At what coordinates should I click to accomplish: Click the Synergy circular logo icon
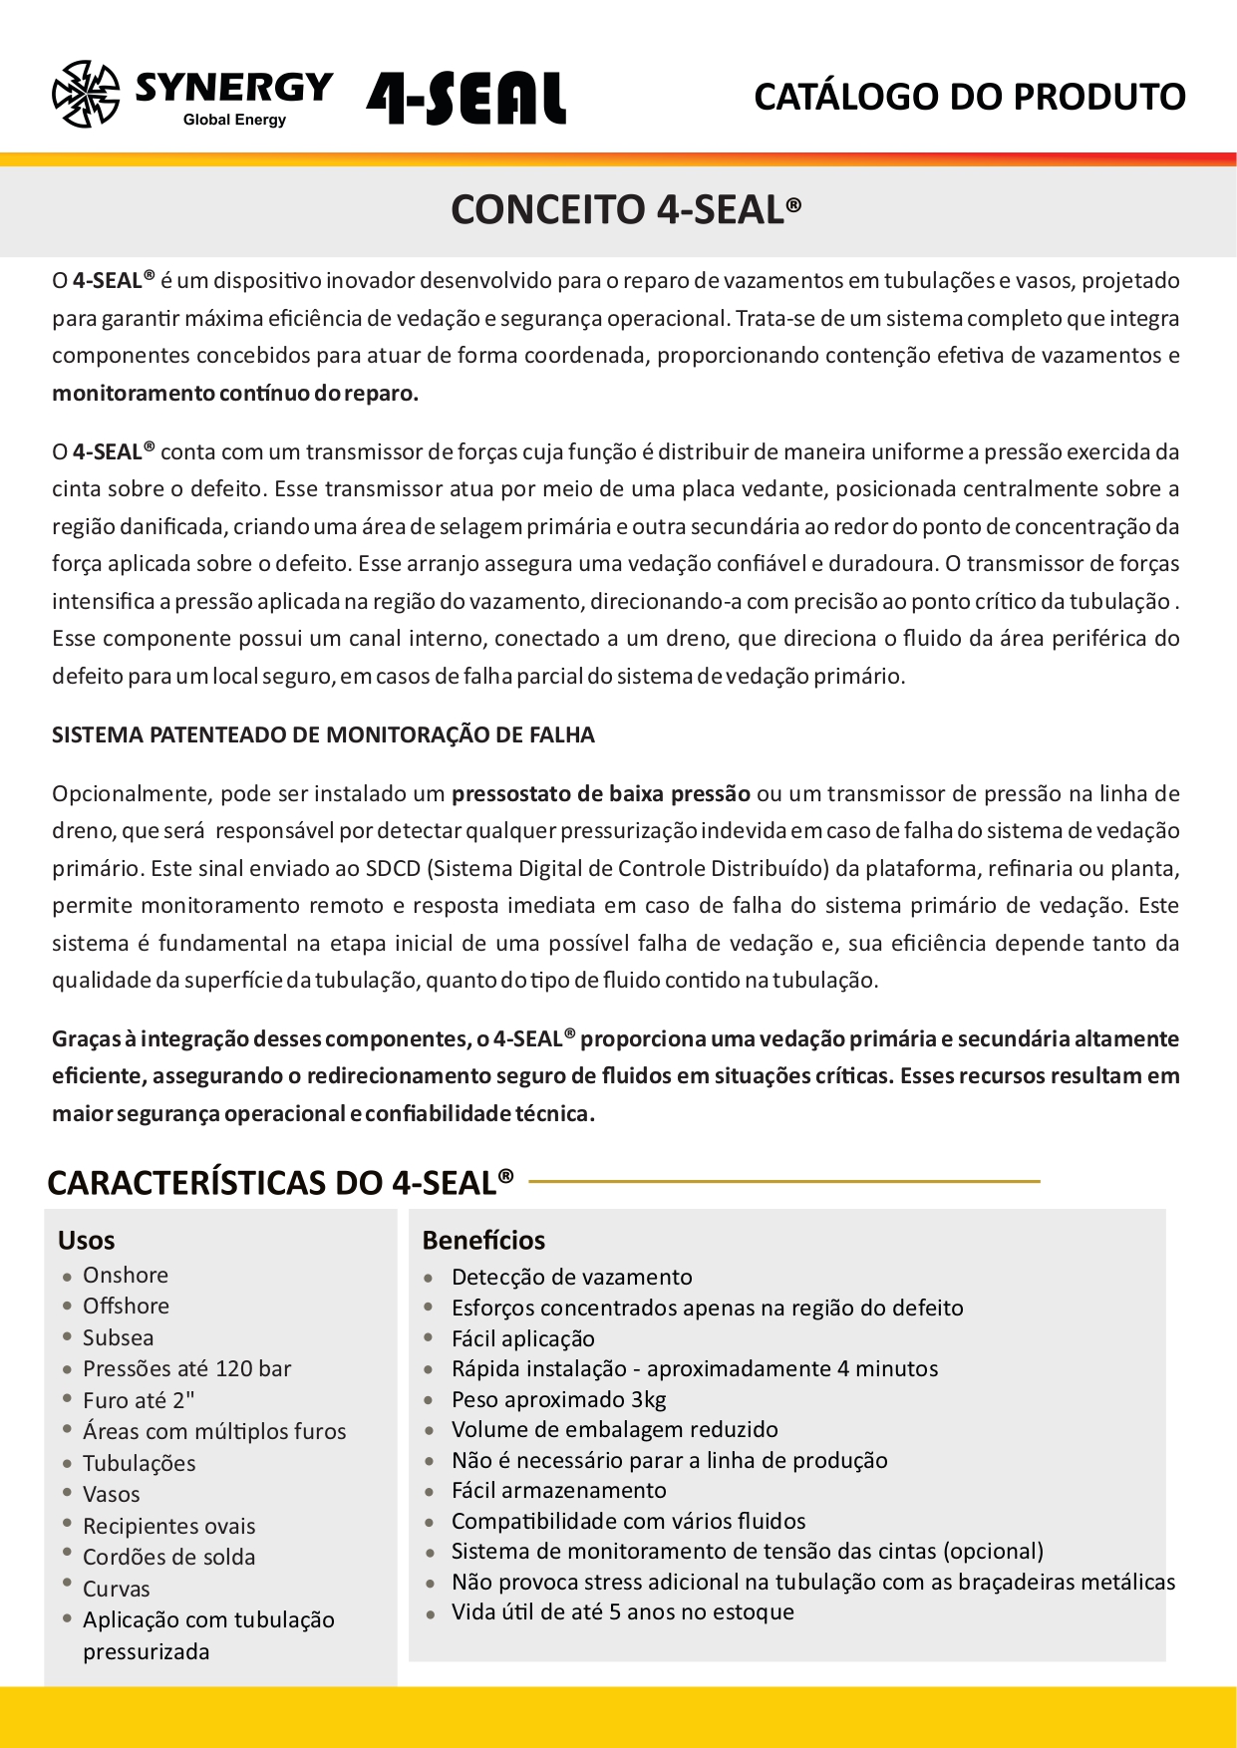[86, 95]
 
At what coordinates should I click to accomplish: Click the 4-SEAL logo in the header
[465, 98]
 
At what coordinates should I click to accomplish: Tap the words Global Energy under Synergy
[234, 120]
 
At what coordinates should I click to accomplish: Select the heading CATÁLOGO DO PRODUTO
[969, 97]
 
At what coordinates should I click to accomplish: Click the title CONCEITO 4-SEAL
[625, 209]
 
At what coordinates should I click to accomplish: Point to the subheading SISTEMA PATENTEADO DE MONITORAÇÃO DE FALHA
[323, 735]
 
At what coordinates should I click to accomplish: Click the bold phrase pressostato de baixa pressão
[600, 794]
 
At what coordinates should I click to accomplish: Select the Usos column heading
[87, 1241]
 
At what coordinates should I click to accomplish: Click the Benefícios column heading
[483, 1241]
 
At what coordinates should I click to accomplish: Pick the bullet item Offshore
[126, 1307]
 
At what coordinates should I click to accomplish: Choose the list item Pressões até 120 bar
[186, 1369]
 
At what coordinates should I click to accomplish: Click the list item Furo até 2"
[139, 1401]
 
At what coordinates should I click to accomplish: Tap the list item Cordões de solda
[168, 1558]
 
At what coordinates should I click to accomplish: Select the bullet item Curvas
[116, 1590]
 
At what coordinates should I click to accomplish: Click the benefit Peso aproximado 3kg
[558, 1400]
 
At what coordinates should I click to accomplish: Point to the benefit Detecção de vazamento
[571, 1278]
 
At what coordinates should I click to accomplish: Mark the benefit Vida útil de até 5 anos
[622, 1612]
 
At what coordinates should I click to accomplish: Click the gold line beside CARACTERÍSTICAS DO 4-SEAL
[783, 1182]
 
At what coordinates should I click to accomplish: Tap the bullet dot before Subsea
[67, 1337]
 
